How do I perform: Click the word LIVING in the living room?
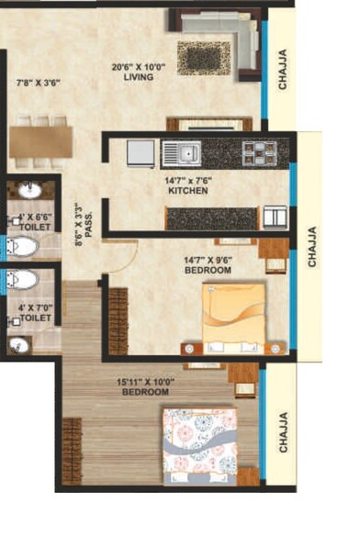click(x=137, y=78)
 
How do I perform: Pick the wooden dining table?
click(x=40, y=140)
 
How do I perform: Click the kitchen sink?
click(x=180, y=152)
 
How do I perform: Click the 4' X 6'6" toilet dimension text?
click(x=35, y=218)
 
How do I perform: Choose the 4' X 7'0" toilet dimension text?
click(x=35, y=310)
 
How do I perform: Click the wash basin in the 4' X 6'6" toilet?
click(x=29, y=191)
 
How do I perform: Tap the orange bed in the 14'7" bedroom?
click(x=233, y=318)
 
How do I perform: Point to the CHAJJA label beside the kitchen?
click(x=311, y=247)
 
